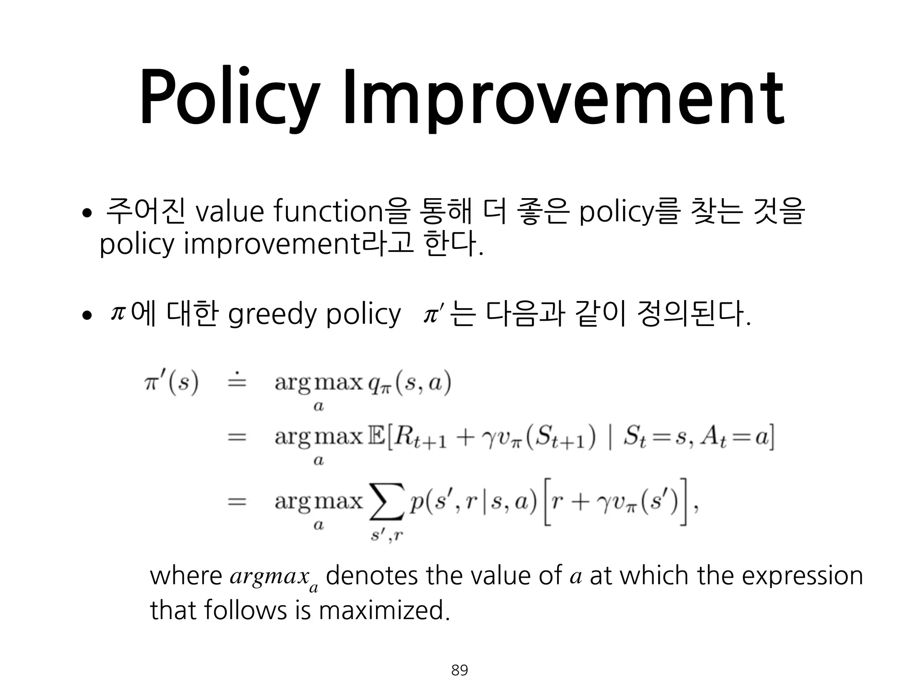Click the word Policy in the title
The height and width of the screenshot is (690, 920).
pos(229,97)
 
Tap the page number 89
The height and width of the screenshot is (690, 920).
pos(460,670)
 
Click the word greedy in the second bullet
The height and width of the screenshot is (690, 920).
pos(272,314)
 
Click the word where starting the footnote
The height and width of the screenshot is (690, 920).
pos(186,576)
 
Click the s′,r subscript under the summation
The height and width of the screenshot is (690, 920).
pos(387,535)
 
